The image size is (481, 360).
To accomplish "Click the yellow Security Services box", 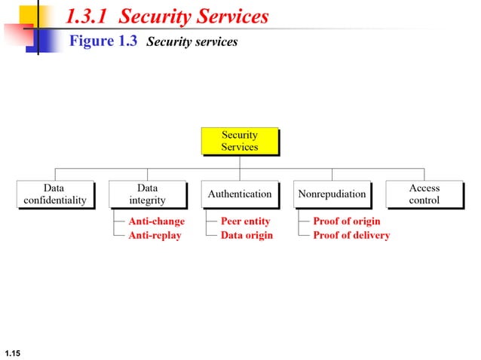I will (x=239, y=141).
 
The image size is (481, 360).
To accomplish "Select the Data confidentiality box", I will (x=54, y=194).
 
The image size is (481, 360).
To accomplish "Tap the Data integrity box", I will (x=147, y=194).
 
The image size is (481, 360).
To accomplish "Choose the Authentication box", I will (x=239, y=194).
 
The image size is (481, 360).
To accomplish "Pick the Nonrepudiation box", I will (x=332, y=194).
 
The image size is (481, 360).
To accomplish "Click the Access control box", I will (x=424, y=194).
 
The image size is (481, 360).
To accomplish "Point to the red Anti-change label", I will (x=156, y=221).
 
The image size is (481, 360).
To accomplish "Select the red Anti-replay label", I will (x=155, y=235).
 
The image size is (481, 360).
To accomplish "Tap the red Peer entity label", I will (x=245, y=221).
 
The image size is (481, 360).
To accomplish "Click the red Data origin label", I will (x=247, y=235).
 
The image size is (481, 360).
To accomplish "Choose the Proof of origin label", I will (x=347, y=221).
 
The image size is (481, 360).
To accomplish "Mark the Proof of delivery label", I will (x=351, y=235).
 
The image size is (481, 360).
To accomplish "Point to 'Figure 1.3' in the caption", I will (x=103, y=41).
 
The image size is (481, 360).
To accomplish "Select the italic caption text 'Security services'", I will (x=191, y=42).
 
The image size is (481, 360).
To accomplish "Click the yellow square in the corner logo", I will (x=28, y=15).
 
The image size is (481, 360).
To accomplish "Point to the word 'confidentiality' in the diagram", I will (x=54, y=200).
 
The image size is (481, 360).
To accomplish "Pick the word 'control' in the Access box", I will (x=424, y=200).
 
